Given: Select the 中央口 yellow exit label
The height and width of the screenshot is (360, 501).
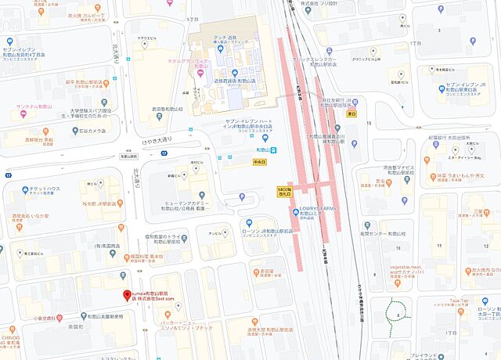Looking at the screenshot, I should click(x=261, y=163).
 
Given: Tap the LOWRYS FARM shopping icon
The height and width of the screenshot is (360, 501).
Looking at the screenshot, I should click(x=296, y=209).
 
